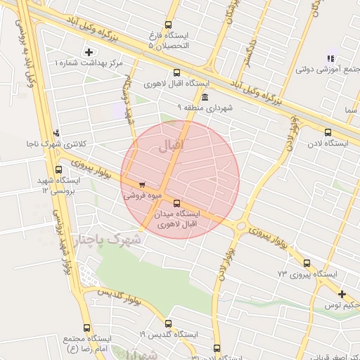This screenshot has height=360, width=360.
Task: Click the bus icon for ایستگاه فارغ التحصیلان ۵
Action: click(168, 25)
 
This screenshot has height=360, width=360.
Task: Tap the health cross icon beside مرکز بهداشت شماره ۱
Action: click(88, 51)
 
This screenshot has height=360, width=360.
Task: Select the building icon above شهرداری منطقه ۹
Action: click(205, 97)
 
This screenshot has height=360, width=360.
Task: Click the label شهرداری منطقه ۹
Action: click(205, 108)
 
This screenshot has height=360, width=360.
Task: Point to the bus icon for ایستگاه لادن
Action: click(328, 132)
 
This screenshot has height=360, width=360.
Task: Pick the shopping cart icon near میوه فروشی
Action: click(142, 186)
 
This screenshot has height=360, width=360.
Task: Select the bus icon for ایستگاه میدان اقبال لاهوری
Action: click(176, 203)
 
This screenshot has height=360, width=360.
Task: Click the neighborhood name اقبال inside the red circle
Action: click(167, 148)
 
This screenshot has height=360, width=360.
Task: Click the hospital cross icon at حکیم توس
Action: click(342, 294)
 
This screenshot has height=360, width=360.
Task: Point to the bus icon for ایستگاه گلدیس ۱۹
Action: click(168, 324)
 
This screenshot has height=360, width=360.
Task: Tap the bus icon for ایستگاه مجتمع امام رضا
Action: click(86, 328)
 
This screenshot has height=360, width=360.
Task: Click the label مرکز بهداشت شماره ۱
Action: click(89, 63)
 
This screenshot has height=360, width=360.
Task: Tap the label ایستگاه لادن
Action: click(333, 143)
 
